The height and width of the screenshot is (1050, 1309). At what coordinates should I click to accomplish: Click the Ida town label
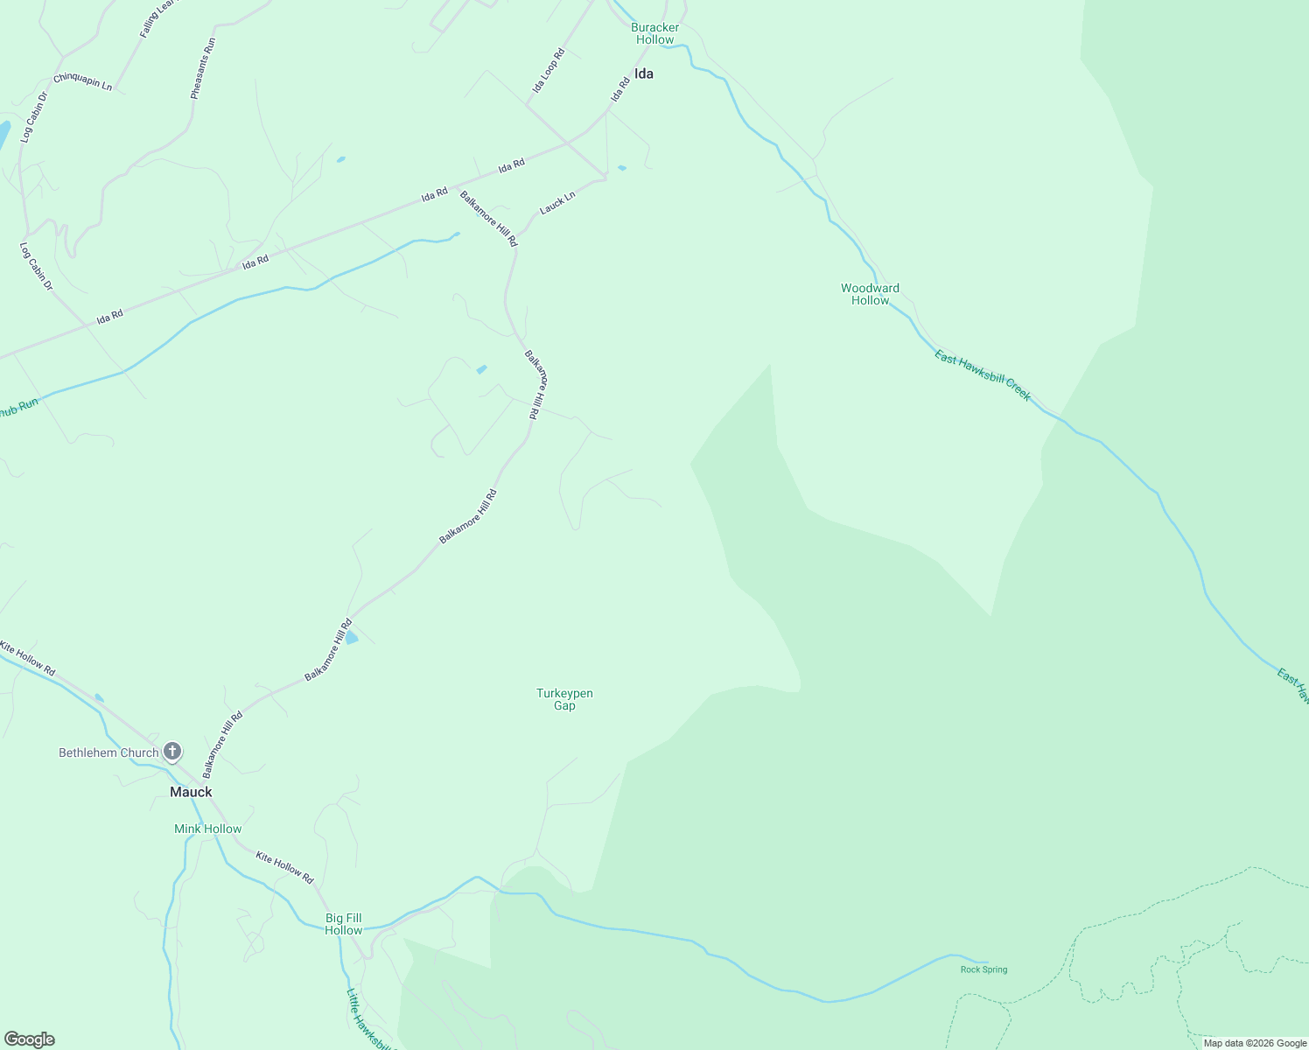click(x=644, y=74)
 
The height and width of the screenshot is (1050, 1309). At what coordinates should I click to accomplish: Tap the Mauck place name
click(x=191, y=792)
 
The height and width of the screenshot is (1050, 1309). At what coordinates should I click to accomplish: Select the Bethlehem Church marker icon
click(x=172, y=752)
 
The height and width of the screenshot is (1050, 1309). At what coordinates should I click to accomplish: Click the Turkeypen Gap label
click(x=564, y=699)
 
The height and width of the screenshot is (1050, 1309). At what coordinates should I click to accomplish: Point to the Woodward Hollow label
click(x=870, y=294)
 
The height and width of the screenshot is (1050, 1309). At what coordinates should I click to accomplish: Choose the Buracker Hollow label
click(x=654, y=33)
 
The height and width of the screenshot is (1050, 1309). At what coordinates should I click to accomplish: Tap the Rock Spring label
click(x=983, y=969)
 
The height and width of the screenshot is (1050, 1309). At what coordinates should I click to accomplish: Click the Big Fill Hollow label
click(x=343, y=924)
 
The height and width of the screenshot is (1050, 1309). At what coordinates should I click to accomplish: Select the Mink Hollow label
click(x=207, y=829)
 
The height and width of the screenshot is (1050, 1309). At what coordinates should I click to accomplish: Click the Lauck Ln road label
click(x=557, y=203)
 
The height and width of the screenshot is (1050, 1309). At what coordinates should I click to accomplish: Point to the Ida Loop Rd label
click(x=549, y=71)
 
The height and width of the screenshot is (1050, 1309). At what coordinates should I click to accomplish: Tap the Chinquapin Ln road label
click(x=82, y=81)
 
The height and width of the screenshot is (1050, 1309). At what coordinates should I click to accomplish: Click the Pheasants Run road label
click(x=202, y=68)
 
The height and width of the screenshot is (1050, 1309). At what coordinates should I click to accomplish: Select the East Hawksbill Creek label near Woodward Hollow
click(x=983, y=375)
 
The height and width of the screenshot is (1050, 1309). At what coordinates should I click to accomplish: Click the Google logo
click(x=29, y=1039)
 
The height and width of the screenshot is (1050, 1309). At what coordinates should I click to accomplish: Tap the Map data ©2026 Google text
click(x=1255, y=1043)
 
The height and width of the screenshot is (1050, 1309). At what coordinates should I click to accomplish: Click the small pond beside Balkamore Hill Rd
click(x=352, y=638)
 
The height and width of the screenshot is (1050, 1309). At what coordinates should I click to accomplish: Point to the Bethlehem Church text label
click(x=108, y=752)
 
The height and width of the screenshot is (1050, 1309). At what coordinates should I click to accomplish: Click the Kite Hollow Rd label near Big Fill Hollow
click(x=284, y=867)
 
